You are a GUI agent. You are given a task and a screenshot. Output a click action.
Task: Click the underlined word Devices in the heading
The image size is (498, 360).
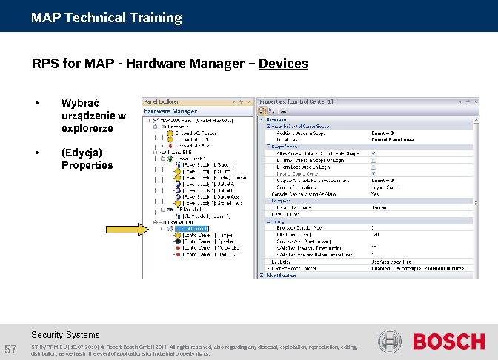coord(283,64)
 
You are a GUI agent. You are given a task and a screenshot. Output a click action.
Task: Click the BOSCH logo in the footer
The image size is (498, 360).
coord(448,341)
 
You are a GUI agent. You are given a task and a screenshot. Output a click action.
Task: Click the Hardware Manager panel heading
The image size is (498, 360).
coord(170,111)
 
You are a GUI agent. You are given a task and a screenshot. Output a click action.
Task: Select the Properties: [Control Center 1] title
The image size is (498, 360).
coord(296,101)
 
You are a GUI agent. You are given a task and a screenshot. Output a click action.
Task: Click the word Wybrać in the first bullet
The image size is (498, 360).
coord(76,103)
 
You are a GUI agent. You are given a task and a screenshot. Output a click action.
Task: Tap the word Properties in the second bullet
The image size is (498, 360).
coord(87,164)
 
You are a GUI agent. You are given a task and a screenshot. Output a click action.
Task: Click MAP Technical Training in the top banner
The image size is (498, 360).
coord(106,17)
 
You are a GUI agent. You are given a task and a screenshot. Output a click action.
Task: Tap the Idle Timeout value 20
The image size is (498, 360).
coord(375,234)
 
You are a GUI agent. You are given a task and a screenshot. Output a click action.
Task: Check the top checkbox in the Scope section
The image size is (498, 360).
coord(373,153)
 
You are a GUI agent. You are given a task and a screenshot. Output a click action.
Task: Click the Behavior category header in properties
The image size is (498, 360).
coord(277,119)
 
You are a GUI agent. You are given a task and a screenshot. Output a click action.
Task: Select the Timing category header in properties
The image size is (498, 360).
coord(275,221)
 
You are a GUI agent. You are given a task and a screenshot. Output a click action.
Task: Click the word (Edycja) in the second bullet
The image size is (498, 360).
coord(82,152)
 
